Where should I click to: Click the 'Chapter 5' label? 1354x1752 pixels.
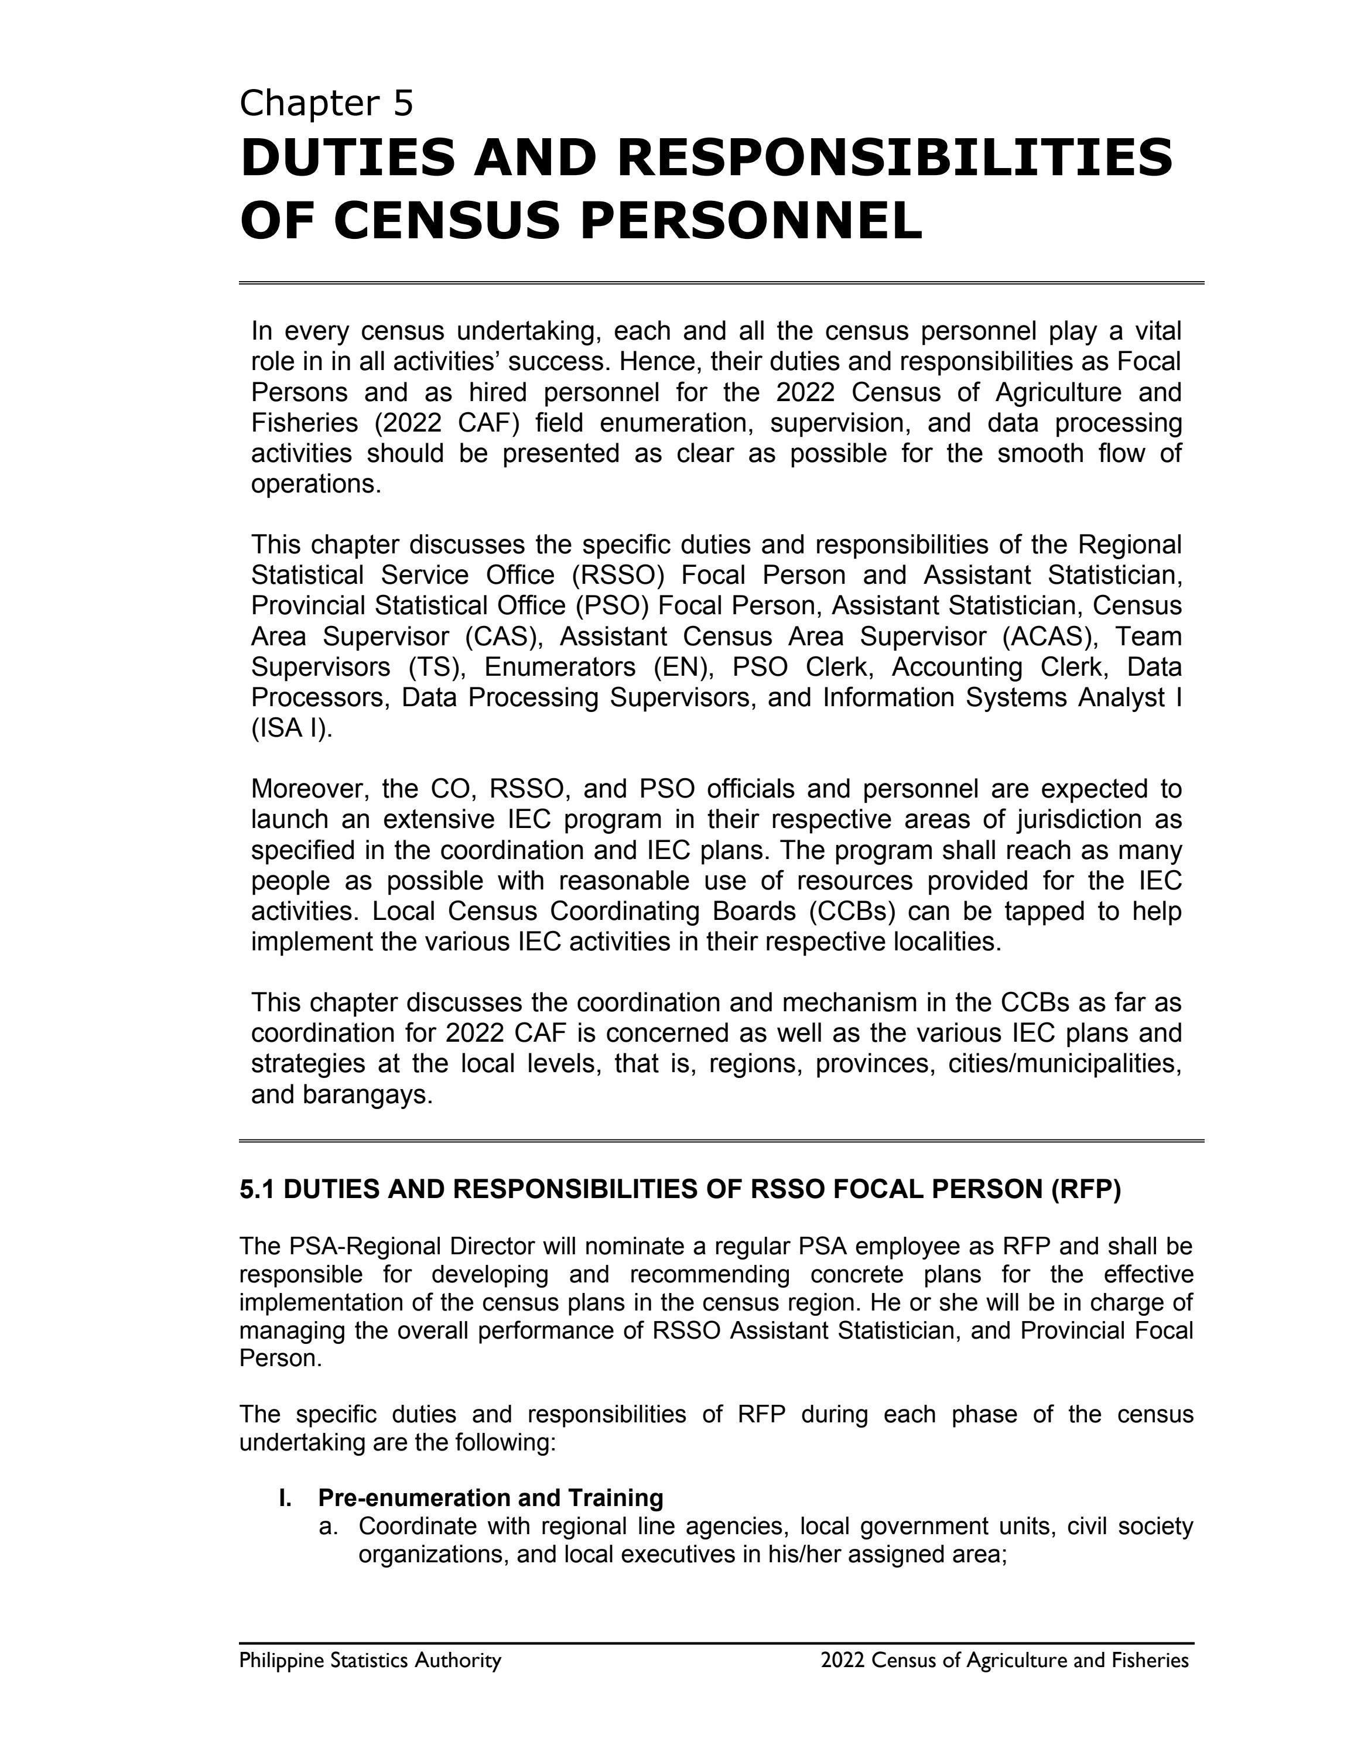[x=326, y=104]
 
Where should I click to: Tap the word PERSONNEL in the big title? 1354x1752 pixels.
[x=750, y=221]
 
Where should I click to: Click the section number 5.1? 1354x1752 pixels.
[x=258, y=1189]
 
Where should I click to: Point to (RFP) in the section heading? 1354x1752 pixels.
[x=1085, y=1189]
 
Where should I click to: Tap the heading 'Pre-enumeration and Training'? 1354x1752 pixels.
[x=490, y=1498]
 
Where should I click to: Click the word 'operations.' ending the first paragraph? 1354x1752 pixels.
[x=316, y=484]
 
